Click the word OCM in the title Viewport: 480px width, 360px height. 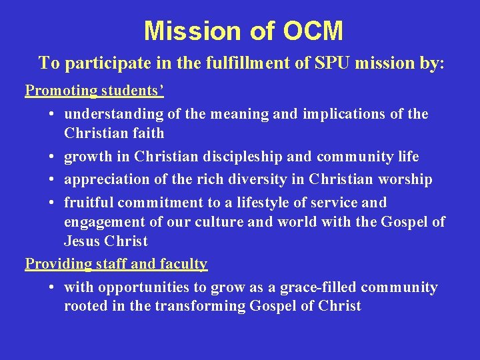tap(313, 31)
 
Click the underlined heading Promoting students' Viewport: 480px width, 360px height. tap(95, 90)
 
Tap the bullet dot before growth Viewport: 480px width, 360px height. tap(52, 157)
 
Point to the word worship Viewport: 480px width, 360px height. tap(406, 179)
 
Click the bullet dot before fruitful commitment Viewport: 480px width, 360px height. tap(52, 203)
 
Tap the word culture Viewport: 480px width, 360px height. tap(217, 222)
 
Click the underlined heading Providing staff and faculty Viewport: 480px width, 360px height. tap(116, 264)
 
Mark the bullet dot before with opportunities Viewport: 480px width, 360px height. tap(52, 287)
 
